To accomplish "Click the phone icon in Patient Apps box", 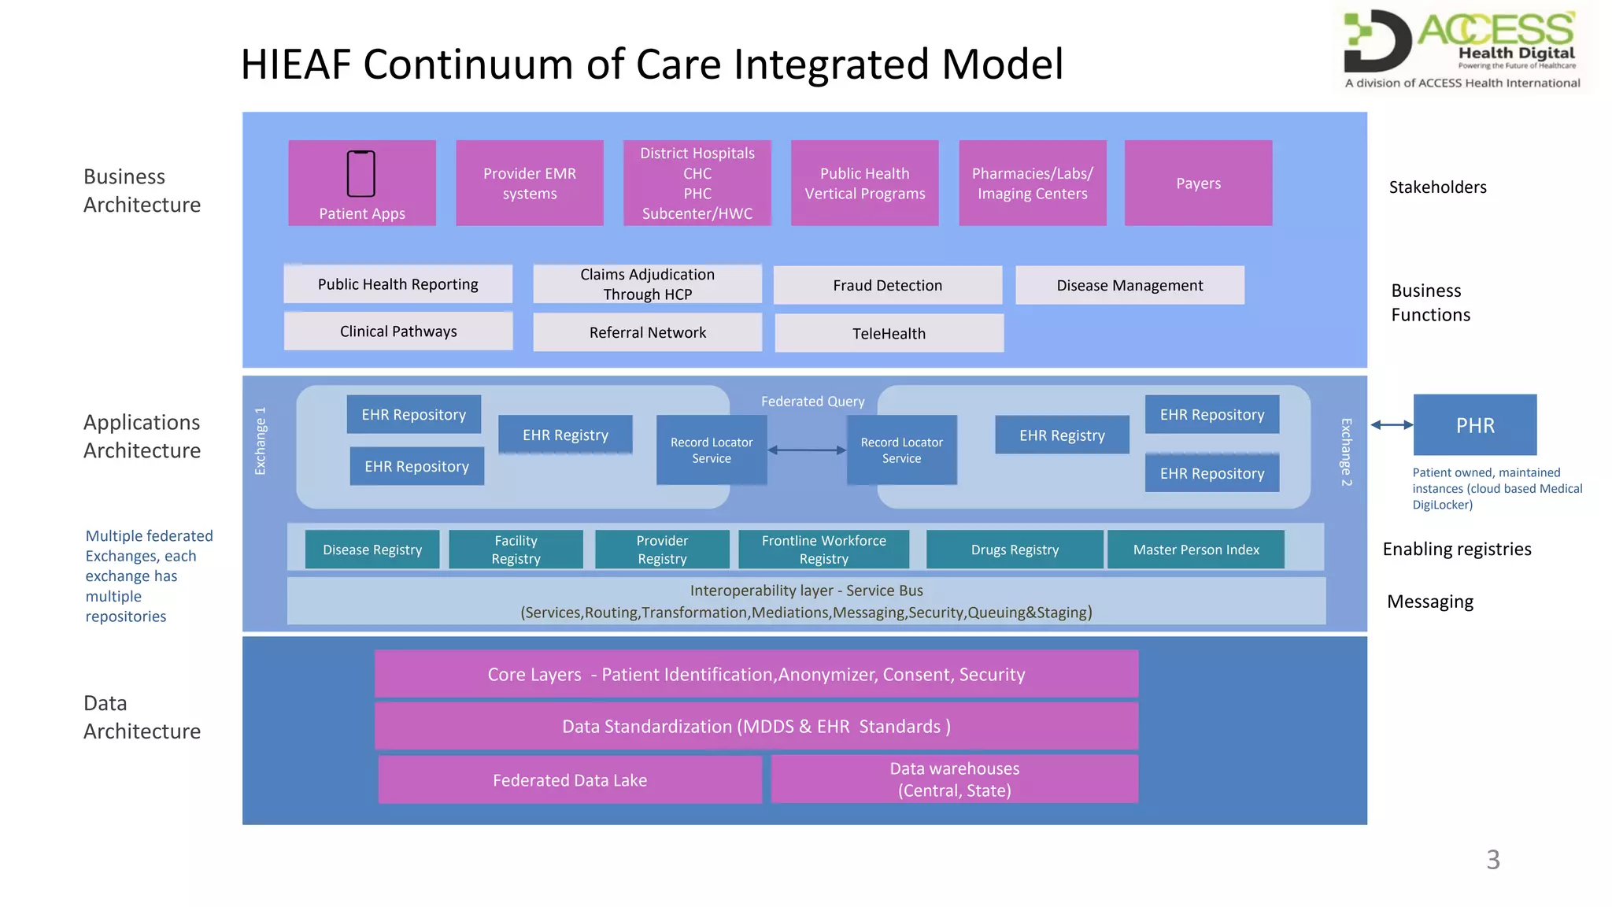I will click(x=361, y=173).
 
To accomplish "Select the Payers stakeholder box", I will click(x=1198, y=183).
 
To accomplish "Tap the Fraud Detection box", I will click(x=887, y=285).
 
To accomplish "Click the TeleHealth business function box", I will click(x=889, y=333).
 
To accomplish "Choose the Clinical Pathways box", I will click(x=398, y=331).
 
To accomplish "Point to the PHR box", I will click(x=1474, y=425).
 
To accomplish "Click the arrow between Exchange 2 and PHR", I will click(x=1392, y=425).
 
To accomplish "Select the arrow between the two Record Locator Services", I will click(x=807, y=450).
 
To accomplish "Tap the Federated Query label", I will click(x=812, y=402).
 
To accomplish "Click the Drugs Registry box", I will click(x=1014, y=550).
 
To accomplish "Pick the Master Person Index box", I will click(x=1196, y=550).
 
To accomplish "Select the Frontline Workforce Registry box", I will click(x=823, y=550).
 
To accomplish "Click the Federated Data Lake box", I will click(x=570, y=779).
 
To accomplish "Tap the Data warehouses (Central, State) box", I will click(x=954, y=779).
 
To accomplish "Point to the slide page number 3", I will click(x=1492, y=859).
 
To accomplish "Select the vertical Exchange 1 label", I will click(x=261, y=441).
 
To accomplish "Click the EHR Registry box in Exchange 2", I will click(x=1062, y=435).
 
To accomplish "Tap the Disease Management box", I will click(x=1130, y=285).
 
